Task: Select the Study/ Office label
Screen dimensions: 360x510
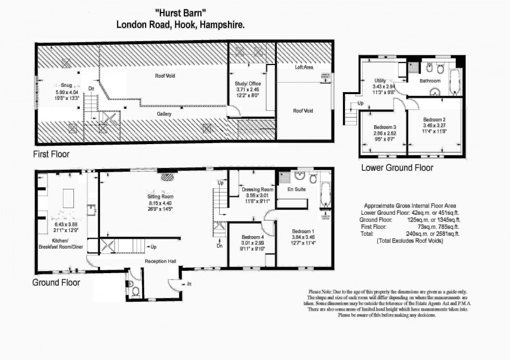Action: [248, 83]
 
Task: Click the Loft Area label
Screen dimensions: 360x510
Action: [304, 67]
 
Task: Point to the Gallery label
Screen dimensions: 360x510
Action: [164, 113]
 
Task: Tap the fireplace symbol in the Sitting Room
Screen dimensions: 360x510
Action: [168, 177]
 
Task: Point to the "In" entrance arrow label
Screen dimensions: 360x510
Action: [189, 284]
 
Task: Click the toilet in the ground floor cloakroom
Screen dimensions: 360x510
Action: [134, 291]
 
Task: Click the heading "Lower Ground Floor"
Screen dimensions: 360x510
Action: [397, 168]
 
